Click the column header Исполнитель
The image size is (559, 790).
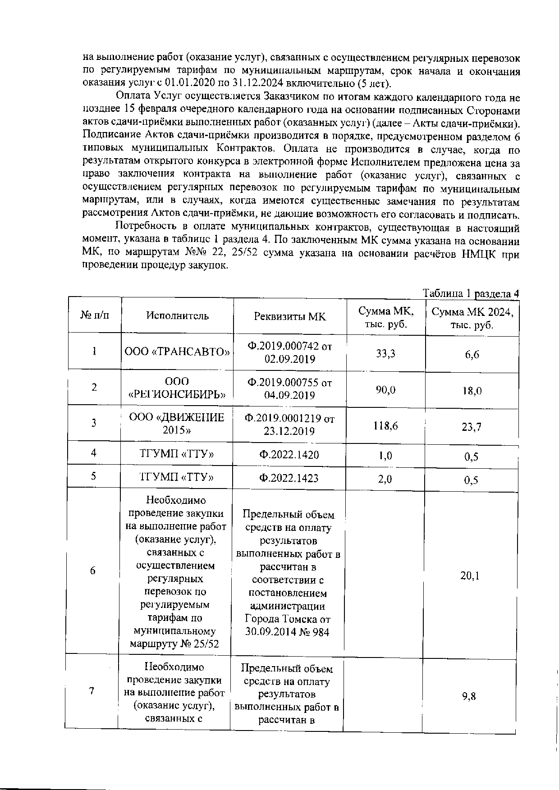(177, 315)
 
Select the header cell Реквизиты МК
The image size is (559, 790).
(289, 316)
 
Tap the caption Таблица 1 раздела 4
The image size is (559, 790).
(471, 294)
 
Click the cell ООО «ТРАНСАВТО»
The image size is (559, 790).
(177, 352)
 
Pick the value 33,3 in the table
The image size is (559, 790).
(385, 354)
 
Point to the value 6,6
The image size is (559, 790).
(472, 355)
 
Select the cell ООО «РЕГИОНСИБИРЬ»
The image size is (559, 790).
(177, 388)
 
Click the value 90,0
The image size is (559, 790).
(385, 390)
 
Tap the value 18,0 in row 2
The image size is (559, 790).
(472, 391)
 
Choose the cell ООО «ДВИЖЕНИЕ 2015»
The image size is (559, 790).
(177, 423)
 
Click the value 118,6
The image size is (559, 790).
(385, 425)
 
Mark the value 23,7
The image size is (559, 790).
(472, 427)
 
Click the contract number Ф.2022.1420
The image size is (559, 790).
(289, 455)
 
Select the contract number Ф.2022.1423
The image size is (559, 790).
(289, 478)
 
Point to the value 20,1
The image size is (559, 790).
(470, 575)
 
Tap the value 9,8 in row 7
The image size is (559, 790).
(469, 697)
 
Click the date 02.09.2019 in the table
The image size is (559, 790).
(289, 359)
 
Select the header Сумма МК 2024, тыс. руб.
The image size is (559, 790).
(472, 318)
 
